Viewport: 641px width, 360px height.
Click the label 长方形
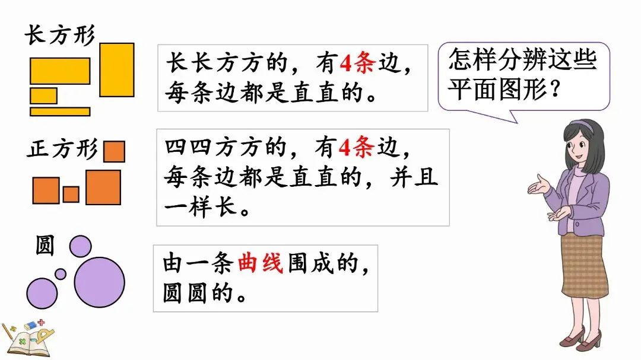[59, 35]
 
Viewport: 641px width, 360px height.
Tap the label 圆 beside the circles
[45, 245]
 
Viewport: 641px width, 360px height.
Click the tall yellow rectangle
[116, 69]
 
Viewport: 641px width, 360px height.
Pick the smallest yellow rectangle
[43, 95]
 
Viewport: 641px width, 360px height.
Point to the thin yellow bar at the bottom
[60, 111]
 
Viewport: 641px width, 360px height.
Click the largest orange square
[103, 187]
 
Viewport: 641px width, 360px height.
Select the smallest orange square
[71, 194]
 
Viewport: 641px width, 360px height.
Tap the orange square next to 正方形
[114, 151]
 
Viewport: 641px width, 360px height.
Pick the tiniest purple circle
[61, 273]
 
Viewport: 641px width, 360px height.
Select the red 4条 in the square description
[354, 149]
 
